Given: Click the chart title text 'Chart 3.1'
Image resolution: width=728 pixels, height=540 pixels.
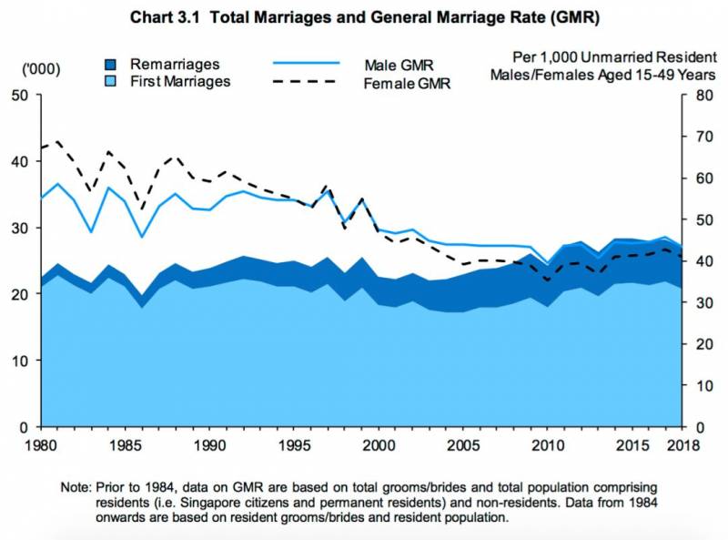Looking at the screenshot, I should click(164, 17).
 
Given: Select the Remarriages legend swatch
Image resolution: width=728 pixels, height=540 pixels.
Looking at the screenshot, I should click(109, 64).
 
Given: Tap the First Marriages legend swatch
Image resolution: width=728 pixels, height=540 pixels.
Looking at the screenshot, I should click(109, 81).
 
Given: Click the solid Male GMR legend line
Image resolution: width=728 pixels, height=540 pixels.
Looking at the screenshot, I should click(307, 65).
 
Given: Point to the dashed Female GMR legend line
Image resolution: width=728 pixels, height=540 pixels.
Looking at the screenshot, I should click(307, 82).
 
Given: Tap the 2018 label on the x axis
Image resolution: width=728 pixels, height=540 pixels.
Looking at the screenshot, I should click(683, 445).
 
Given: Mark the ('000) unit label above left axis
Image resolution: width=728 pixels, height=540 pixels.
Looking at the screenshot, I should click(38, 70).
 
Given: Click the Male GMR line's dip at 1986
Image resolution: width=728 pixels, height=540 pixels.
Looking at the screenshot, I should click(141, 238).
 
